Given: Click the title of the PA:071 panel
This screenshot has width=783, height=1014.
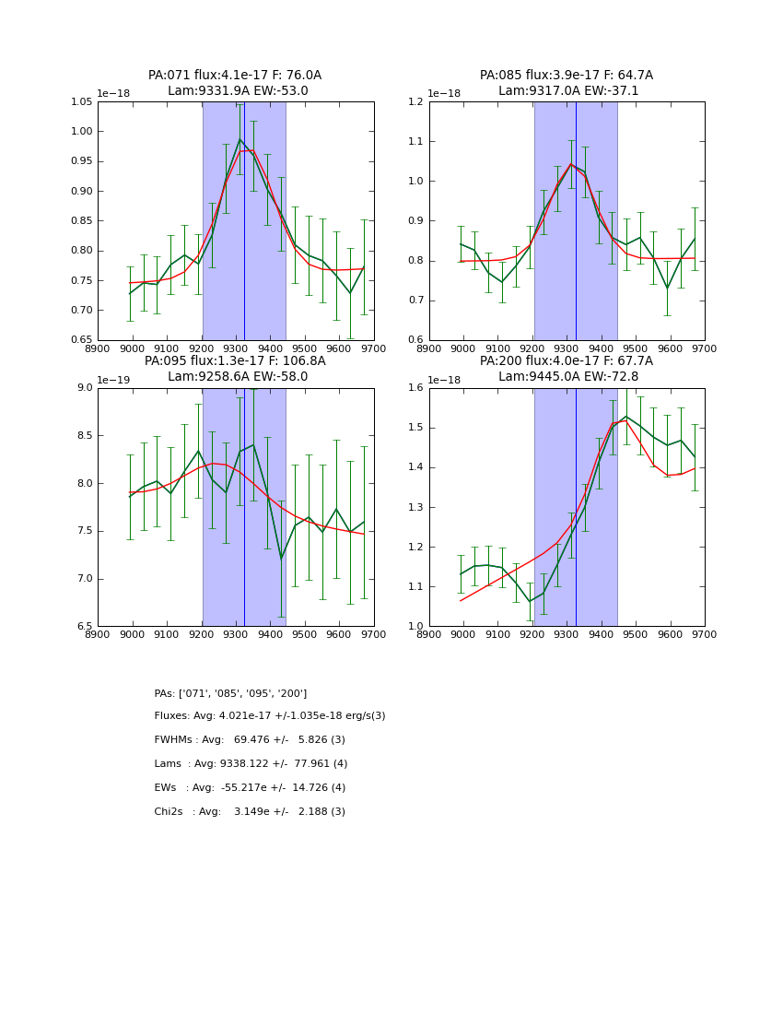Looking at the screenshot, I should [x=235, y=83].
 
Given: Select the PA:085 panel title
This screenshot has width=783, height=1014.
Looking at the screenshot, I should [x=567, y=83].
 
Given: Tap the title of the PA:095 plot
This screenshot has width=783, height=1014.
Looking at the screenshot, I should [x=235, y=369].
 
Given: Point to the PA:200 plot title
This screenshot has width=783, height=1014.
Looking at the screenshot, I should [x=567, y=369].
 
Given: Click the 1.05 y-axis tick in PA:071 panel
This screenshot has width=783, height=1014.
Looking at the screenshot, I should [x=81, y=102].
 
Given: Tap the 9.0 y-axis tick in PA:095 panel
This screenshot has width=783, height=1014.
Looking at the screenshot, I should [x=84, y=388].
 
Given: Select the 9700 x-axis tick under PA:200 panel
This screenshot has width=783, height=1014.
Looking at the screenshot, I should [x=705, y=634].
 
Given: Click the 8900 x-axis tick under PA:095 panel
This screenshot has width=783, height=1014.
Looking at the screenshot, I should [x=98, y=634].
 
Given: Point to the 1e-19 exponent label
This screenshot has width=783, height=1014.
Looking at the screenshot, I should [x=114, y=380].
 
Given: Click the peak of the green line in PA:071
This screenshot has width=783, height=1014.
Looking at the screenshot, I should [x=240, y=140].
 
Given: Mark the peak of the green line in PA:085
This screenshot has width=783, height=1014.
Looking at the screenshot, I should [x=571, y=164].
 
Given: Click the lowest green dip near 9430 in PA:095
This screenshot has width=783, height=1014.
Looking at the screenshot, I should [x=281, y=558].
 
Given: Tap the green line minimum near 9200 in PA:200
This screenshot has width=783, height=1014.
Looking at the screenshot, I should [x=530, y=601].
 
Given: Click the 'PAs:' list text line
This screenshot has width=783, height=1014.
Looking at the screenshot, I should [x=230, y=693].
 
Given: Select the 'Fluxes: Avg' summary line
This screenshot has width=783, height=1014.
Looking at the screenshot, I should [x=270, y=716].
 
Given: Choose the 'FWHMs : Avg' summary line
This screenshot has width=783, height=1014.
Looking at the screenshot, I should [x=250, y=740].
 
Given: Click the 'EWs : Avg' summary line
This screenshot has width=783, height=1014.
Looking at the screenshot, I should [x=250, y=788].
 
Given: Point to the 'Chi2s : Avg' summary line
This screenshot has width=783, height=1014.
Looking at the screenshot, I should [x=250, y=812].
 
